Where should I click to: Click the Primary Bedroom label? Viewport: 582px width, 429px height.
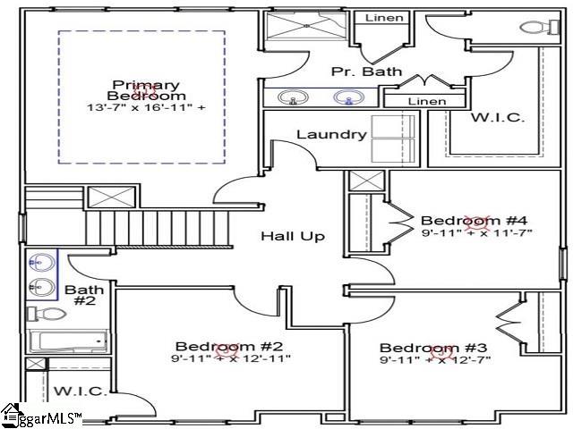147,90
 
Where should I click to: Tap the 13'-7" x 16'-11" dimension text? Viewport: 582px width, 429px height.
146,108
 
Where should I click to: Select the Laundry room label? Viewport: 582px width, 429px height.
331,134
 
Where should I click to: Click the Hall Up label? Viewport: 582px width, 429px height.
293,236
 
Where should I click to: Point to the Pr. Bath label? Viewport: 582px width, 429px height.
367,71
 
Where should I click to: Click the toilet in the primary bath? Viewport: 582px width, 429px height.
540,27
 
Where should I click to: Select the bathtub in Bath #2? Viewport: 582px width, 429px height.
68,341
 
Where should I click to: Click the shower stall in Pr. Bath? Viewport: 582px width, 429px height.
306,25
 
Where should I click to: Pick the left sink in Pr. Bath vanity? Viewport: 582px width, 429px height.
293,97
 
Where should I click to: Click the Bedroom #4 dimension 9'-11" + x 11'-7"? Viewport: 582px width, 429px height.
477,233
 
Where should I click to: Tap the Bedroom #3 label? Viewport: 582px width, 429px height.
433,348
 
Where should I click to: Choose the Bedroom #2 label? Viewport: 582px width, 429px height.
229,347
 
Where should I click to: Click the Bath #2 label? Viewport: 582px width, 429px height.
85,295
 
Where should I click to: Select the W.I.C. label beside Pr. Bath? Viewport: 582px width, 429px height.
498,118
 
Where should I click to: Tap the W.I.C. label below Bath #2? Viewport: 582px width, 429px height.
81,391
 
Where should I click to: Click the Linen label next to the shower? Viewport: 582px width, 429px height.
384,18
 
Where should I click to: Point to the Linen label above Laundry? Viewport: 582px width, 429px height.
427,101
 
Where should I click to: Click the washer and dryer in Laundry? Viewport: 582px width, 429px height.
393,139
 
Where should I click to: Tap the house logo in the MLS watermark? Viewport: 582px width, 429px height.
11,415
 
